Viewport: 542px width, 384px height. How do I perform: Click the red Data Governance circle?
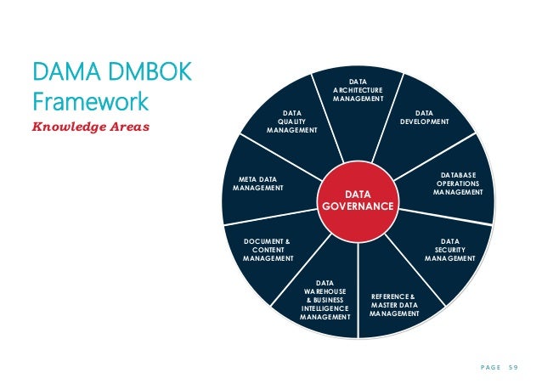click(357, 200)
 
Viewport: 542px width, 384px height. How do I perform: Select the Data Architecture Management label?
click(358, 89)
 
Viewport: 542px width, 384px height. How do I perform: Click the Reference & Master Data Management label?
click(394, 304)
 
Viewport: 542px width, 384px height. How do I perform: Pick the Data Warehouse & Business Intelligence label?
click(325, 299)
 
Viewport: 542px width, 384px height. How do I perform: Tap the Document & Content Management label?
click(267, 250)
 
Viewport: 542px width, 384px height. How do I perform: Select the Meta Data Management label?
click(259, 183)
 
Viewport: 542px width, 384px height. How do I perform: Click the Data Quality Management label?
click(291, 121)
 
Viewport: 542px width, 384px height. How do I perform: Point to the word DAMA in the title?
click(60, 72)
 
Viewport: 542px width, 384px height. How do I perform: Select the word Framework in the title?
click(90, 102)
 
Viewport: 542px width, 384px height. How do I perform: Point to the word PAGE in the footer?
click(480, 366)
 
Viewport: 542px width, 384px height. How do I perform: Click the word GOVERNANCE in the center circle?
click(357, 207)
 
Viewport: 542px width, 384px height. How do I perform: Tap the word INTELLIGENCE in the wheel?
click(325, 307)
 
